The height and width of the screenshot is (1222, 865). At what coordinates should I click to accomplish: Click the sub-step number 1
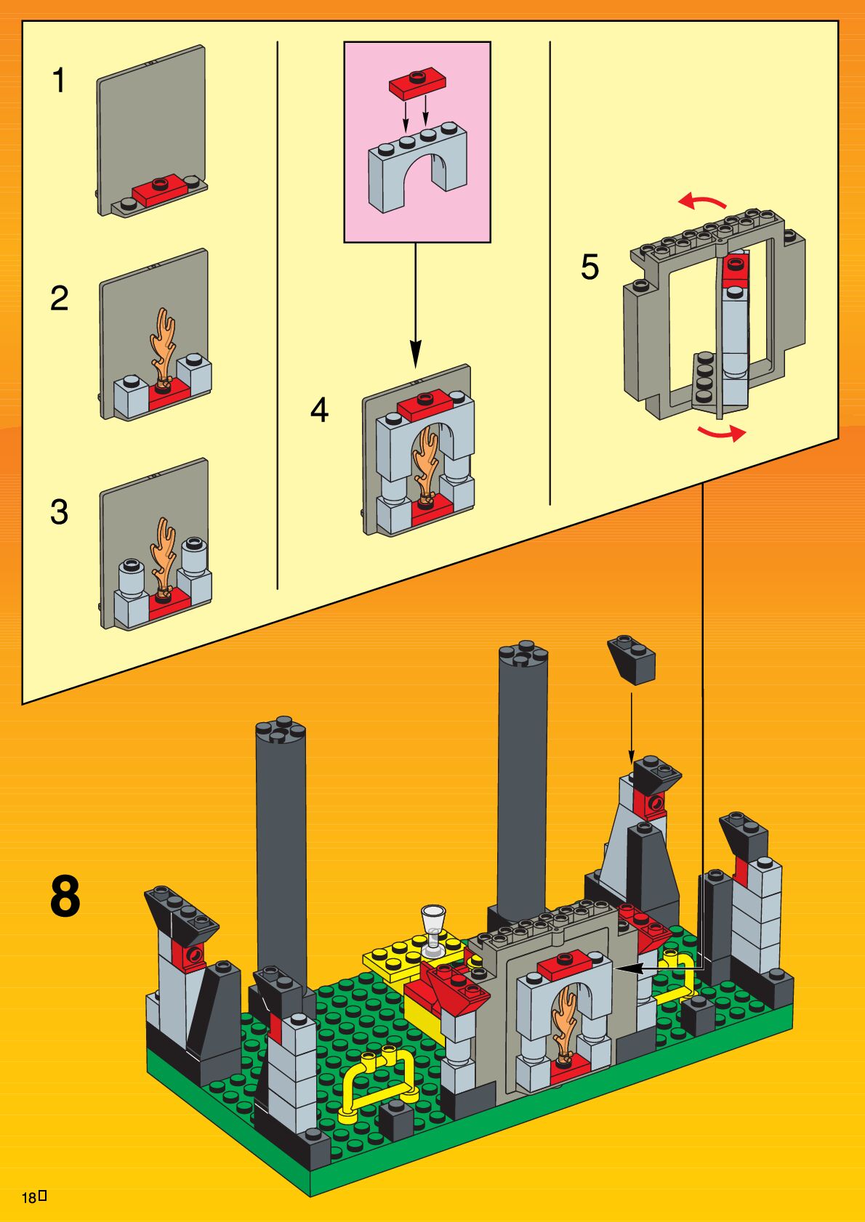pyautogui.click(x=59, y=81)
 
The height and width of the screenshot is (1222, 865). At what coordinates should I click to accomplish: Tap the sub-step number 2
pyautogui.click(x=59, y=299)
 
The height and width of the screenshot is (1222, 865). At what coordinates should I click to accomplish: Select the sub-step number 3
pyautogui.click(x=59, y=511)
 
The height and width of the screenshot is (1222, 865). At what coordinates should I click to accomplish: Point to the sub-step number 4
pyautogui.click(x=319, y=410)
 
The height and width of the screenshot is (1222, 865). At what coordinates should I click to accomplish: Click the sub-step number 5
pyautogui.click(x=590, y=267)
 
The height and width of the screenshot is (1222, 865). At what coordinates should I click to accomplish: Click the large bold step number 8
pyautogui.click(x=65, y=898)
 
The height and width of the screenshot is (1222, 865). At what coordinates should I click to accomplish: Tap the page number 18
pyautogui.click(x=29, y=1198)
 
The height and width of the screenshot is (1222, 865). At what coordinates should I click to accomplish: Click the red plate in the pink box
pyautogui.click(x=417, y=84)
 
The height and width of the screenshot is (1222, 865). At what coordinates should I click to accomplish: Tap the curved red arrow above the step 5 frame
pyautogui.click(x=702, y=201)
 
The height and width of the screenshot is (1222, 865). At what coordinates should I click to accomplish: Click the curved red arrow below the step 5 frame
pyautogui.click(x=722, y=433)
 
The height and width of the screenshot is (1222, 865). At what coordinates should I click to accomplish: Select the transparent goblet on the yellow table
pyautogui.click(x=434, y=928)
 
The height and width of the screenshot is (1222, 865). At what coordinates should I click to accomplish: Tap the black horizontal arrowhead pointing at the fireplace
pyautogui.click(x=628, y=968)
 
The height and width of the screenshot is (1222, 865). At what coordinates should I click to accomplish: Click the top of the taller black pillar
pyautogui.click(x=523, y=652)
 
